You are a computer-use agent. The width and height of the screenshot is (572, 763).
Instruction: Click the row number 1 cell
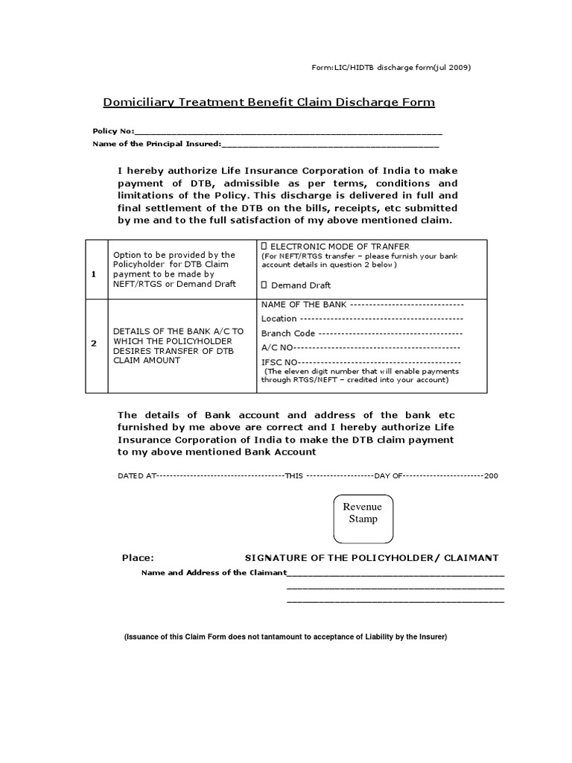94,274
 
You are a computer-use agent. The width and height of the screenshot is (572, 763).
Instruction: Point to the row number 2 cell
94,343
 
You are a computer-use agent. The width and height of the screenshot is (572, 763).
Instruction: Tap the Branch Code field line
390,334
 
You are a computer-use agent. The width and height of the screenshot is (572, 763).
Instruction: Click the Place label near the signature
138,558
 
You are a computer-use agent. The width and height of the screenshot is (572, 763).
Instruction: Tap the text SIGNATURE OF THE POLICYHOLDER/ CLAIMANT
372,558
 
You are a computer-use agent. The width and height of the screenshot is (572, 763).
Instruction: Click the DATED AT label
136,475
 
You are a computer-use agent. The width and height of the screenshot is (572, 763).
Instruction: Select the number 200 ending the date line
491,475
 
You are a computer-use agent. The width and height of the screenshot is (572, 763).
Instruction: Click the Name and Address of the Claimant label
214,572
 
